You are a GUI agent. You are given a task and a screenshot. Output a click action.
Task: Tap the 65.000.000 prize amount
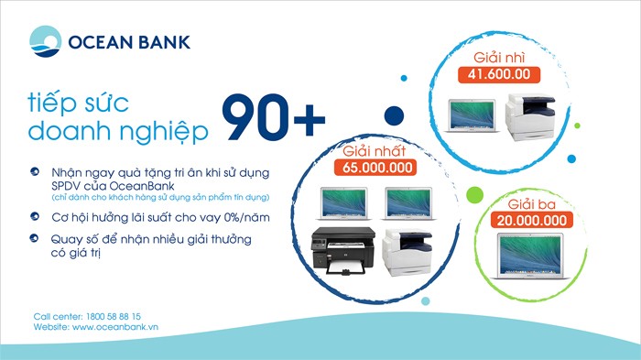click(x=378, y=168)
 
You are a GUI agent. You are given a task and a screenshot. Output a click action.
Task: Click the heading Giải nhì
click(x=498, y=56)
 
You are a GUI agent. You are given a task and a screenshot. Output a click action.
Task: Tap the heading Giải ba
click(x=532, y=203)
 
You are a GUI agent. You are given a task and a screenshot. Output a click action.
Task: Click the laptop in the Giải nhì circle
click(x=471, y=114)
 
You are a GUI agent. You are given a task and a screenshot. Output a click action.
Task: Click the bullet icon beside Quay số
click(x=34, y=240)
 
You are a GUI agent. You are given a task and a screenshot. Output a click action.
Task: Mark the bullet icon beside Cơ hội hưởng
click(x=34, y=216)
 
